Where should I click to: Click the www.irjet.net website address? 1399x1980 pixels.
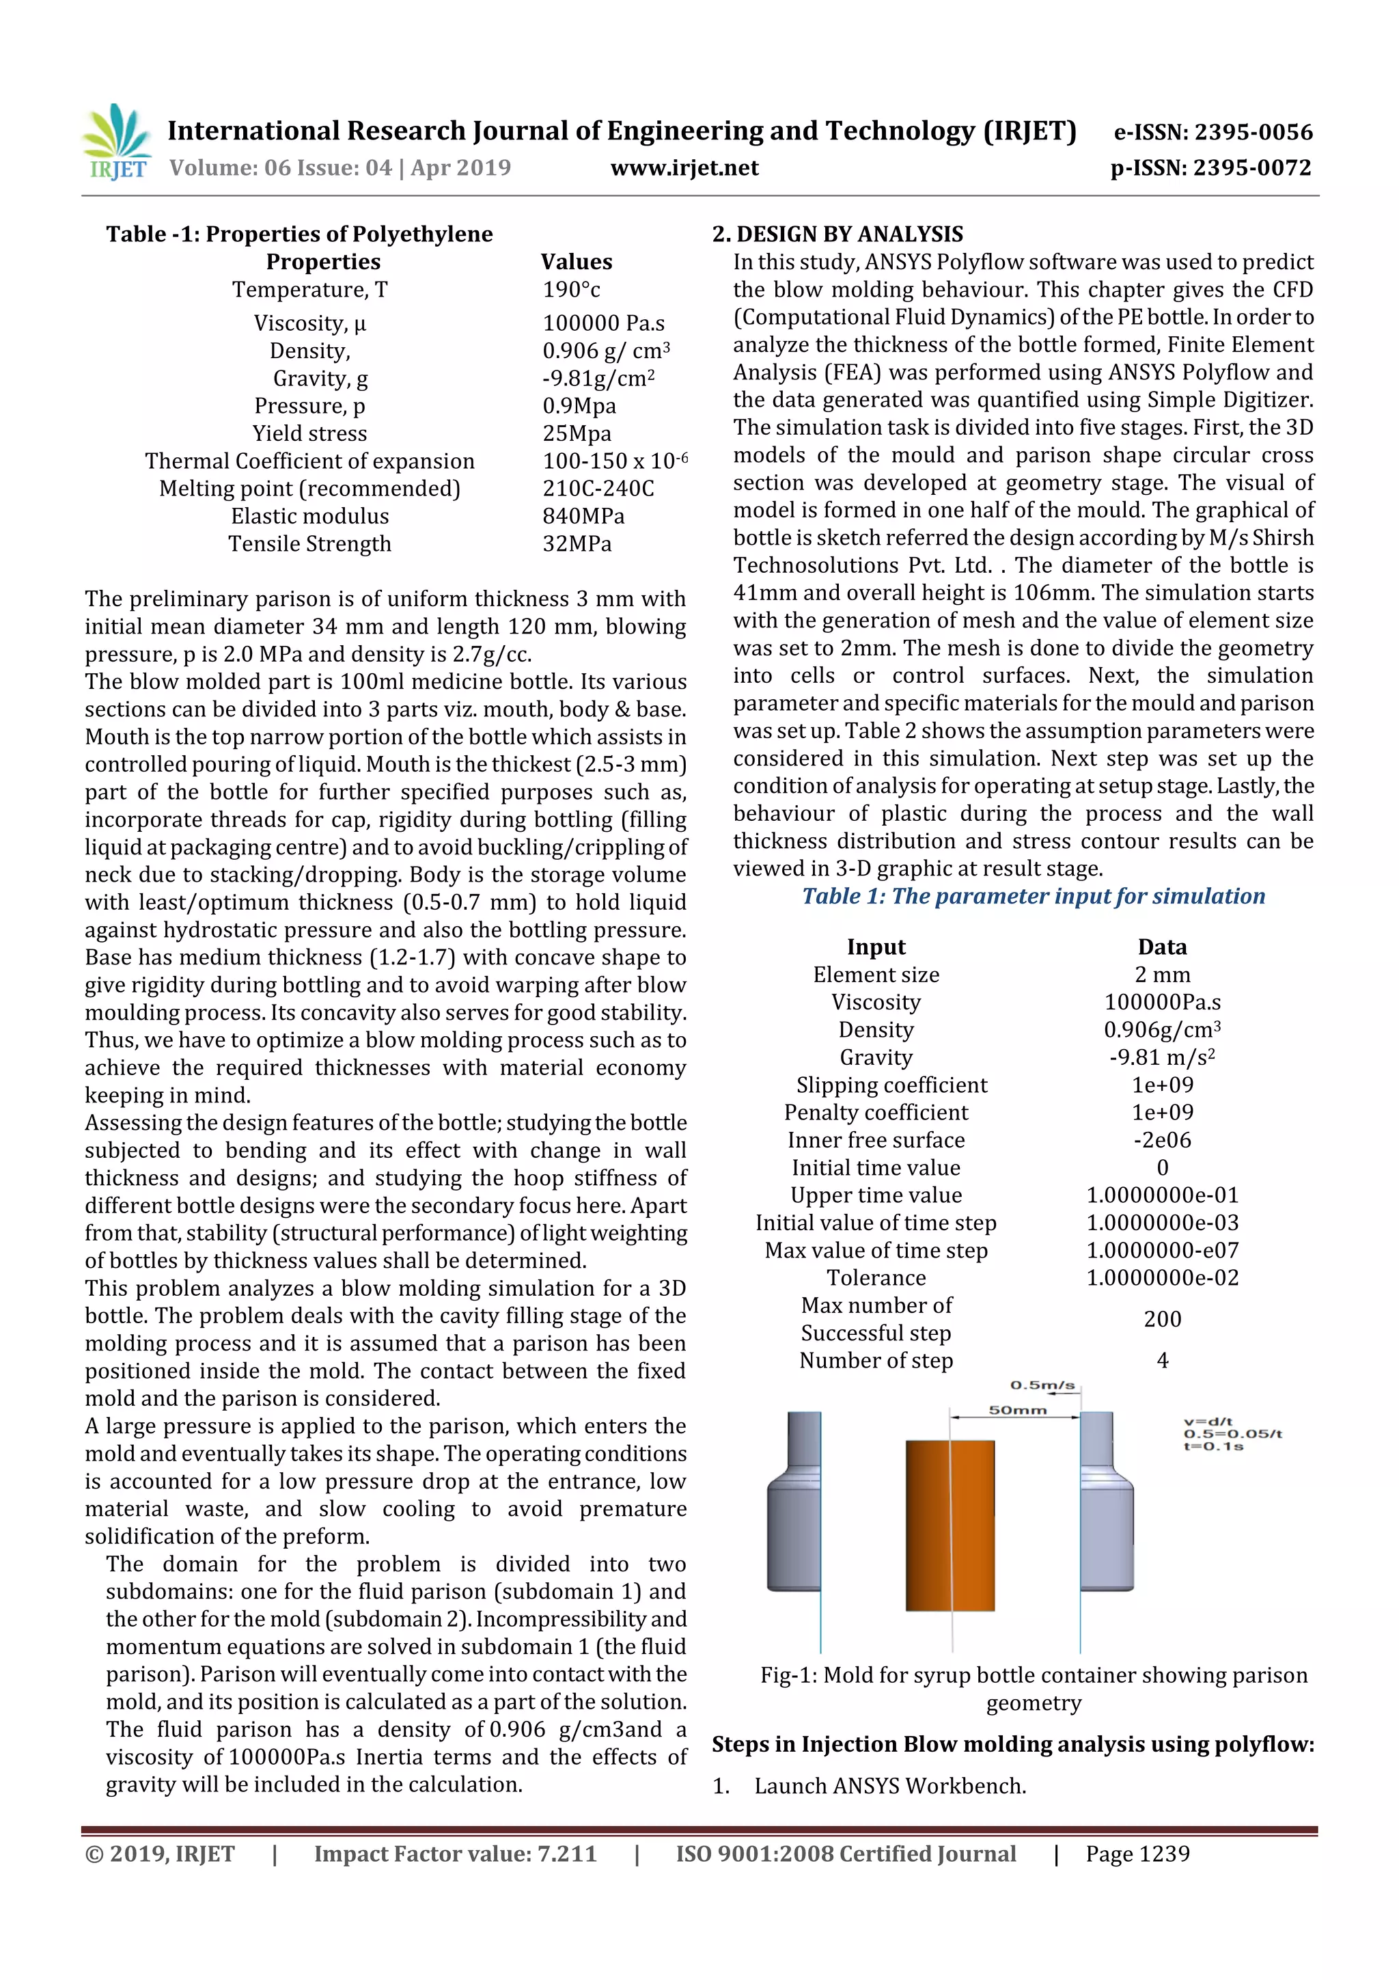coord(684,167)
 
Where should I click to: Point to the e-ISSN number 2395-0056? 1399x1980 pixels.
coord(1213,132)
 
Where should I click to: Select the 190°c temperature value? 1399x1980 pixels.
coord(572,290)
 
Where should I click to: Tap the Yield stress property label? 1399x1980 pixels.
coord(309,434)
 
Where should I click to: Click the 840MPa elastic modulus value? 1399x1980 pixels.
coord(583,517)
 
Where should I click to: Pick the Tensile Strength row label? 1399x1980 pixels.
coord(309,544)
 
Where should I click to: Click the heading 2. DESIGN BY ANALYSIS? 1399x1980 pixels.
coord(837,234)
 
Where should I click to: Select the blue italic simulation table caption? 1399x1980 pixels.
coord(1033,896)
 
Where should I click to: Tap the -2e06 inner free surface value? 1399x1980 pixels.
coord(1162,1140)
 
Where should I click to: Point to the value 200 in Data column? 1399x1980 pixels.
coord(1162,1318)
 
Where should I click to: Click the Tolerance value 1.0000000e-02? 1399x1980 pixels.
coord(1162,1278)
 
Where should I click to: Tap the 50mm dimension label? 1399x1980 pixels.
coord(1017,1411)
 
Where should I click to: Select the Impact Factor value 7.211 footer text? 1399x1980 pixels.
coord(455,1854)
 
